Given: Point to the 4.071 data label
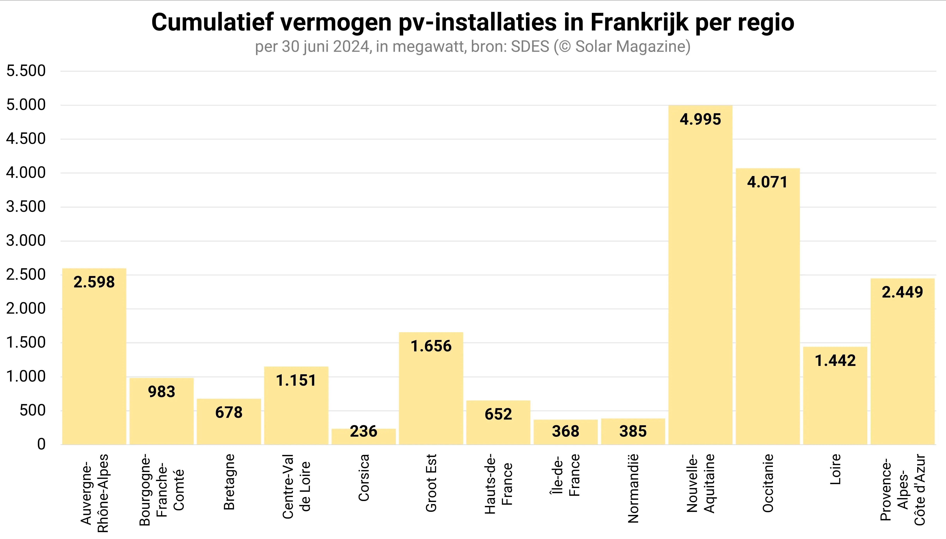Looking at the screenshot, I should coord(767,182).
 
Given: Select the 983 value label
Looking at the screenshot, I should coord(162,392).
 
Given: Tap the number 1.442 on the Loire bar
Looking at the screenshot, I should coord(835,360).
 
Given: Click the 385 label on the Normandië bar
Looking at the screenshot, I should coord(633,431).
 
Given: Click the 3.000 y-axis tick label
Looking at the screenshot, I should coord(26,241).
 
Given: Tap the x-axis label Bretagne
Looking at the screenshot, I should coord(229,482).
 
